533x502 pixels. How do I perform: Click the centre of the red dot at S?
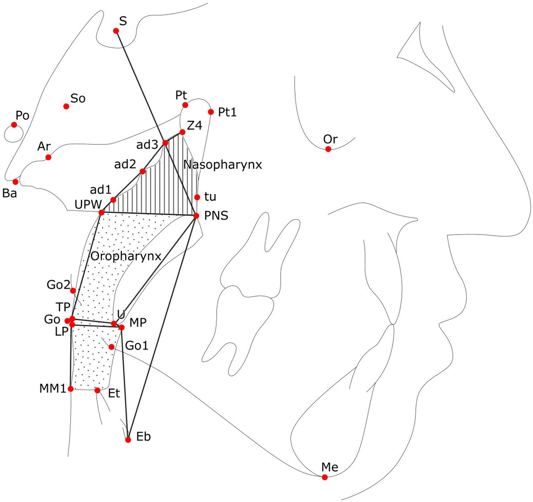116,31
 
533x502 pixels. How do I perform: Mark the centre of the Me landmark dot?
325,477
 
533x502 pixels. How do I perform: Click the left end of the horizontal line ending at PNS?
101,213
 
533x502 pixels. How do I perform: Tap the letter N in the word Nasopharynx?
187,165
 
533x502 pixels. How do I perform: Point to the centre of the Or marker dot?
328,149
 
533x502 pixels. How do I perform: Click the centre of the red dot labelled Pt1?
211,112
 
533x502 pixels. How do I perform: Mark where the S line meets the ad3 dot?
165,143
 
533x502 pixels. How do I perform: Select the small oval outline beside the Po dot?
14,133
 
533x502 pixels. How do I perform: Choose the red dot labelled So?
66,106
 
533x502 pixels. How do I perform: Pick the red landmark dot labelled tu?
197,197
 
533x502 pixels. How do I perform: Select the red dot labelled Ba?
15,182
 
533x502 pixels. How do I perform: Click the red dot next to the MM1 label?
71,389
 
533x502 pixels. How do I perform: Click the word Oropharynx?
126,256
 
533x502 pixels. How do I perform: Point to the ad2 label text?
125,165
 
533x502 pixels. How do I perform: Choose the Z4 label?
195,125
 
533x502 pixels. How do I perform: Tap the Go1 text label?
137,345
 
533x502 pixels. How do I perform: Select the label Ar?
44,146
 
